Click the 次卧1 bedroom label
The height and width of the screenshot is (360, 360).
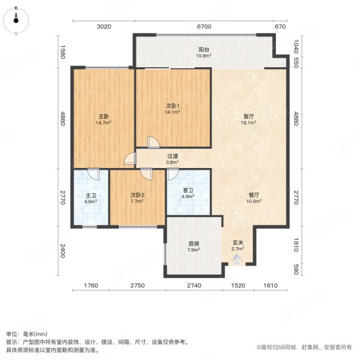point(173,106)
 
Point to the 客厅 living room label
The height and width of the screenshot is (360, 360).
point(249,116)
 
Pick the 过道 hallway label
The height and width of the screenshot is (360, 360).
point(172,156)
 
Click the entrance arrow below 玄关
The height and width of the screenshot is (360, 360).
point(238,259)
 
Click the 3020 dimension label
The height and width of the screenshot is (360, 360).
point(104,27)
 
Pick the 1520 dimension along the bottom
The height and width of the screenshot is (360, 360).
point(238,286)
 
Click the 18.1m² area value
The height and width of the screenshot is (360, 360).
point(249,122)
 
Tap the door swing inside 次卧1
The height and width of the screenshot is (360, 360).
point(154,142)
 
